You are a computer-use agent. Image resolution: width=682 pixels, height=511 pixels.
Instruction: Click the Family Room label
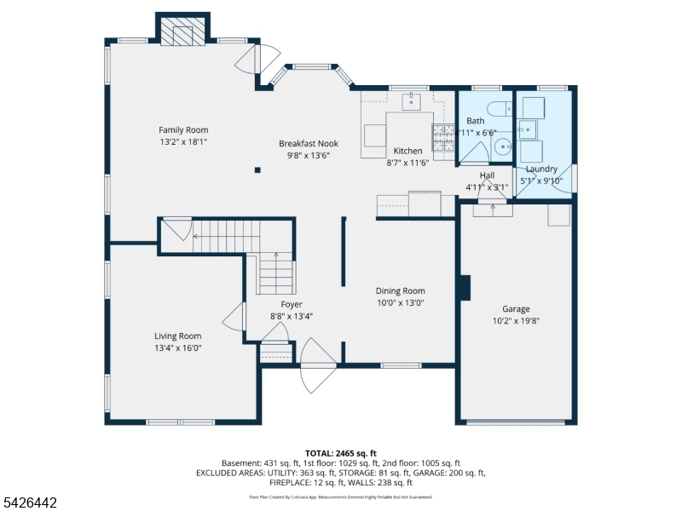183,130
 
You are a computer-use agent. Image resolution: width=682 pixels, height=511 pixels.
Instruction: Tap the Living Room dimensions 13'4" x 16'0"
178,347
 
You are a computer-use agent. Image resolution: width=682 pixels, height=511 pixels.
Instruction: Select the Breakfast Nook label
308,144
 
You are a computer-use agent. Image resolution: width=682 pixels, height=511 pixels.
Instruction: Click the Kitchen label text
407,151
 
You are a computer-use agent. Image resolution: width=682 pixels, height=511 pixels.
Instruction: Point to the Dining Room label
400,291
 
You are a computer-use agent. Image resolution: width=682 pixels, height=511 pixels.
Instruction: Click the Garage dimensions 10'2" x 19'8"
516,321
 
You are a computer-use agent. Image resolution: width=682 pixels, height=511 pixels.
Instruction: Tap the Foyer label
292,305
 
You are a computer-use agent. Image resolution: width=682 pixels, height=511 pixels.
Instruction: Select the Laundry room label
541,169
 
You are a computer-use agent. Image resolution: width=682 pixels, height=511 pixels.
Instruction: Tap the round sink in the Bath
502,146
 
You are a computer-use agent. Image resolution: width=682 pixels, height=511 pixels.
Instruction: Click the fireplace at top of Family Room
183,32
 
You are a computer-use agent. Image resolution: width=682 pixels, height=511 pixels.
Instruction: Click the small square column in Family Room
257,169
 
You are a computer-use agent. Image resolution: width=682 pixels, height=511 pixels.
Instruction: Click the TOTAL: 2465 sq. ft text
341,453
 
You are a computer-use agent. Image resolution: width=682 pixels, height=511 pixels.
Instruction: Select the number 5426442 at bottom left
29,503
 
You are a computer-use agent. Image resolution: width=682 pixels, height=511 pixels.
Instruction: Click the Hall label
487,175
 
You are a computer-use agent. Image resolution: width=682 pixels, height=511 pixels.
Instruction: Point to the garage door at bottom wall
516,422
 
